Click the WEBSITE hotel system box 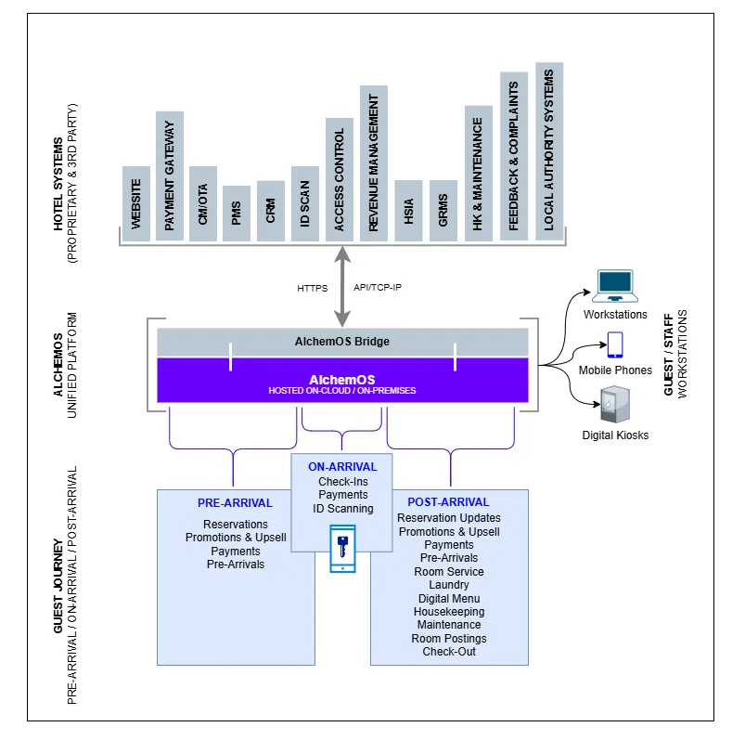point(136,203)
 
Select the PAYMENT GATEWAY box point(170,175)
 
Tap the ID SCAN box point(305,203)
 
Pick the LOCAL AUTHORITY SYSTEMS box point(549,151)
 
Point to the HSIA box point(408,211)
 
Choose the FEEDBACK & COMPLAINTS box point(514,156)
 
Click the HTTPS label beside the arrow point(313,288)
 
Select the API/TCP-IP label point(378,288)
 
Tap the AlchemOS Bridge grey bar point(342,342)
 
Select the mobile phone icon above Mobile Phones point(615,345)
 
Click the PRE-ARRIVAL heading point(235,503)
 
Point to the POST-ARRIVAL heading point(448,502)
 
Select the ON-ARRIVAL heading point(342,467)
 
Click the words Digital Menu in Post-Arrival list point(449,598)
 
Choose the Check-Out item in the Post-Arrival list point(449,652)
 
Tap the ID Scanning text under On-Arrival point(342,508)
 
